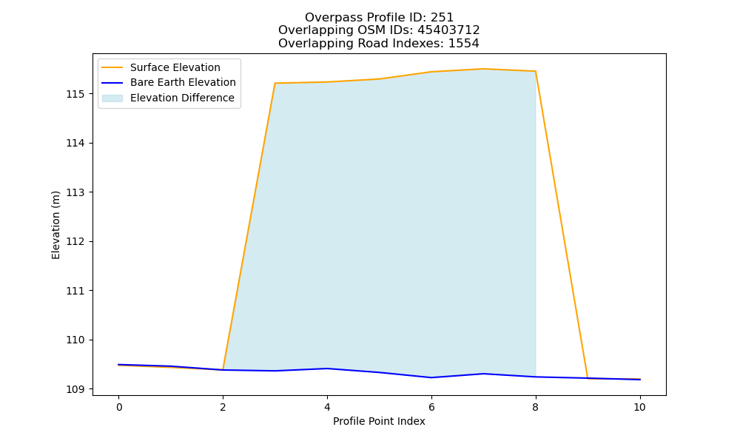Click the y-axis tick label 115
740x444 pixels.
click(x=75, y=95)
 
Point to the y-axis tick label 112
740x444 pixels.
click(x=75, y=241)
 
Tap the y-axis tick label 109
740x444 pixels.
click(x=75, y=389)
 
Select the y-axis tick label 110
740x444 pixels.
click(x=75, y=340)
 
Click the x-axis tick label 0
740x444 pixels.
click(x=119, y=407)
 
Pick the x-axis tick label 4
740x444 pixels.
click(x=327, y=407)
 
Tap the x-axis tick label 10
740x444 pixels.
click(x=639, y=407)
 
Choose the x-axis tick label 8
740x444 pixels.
click(x=535, y=407)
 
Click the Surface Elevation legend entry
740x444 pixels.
click(x=161, y=67)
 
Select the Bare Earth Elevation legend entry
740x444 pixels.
click(x=169, y=82)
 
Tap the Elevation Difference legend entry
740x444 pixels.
click(x=168, y=98)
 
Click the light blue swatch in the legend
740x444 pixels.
click(x=112, y=98)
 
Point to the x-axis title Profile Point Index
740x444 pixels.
click(x=379, y=421)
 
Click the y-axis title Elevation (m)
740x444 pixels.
click(x=55, y=225)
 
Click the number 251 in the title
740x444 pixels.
click(x=443, y=18)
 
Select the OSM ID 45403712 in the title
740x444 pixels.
click(x=449, y=30)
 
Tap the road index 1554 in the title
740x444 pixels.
click(x=463, y=44)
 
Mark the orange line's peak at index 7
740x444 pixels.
click(x=483, y=69)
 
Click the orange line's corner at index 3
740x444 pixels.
click(x=275, y=83)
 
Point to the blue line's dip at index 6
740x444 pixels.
click(x=431, y=377)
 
